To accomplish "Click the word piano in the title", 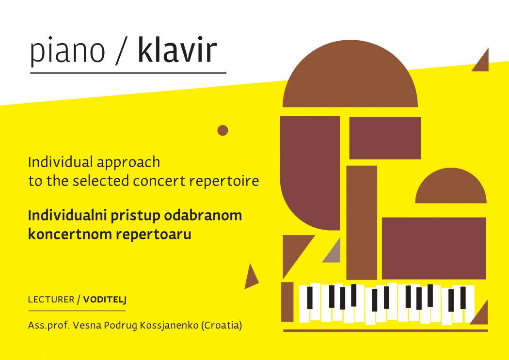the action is click(67, 51).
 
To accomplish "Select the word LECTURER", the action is click(51, 299).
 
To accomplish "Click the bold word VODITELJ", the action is click(105, 299).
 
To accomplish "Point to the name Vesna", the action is click(85, 325).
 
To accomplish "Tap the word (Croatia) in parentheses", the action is click(222, 325).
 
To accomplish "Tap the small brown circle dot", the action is click(223, 130).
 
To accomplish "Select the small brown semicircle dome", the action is click(451, 188).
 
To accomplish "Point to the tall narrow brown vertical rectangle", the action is click(362, 222).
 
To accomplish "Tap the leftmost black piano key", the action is click(310, 297).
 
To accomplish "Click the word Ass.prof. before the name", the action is click(49, 326).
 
